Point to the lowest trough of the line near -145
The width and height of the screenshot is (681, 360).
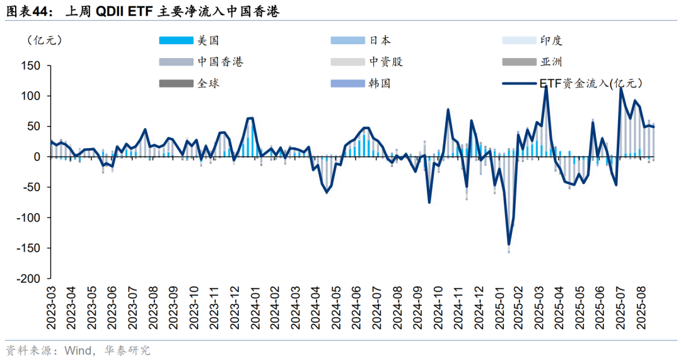(509, 244)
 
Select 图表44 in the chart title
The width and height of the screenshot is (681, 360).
(26, 11)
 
